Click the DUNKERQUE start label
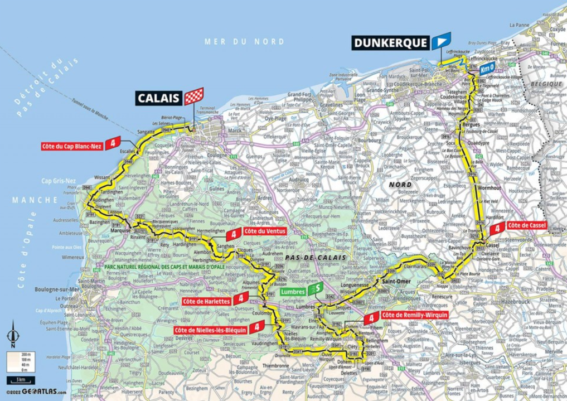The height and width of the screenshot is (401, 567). coord(391,42)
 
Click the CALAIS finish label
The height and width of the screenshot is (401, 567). coord(159,99)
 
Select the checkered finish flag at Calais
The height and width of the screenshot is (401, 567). coord(194,96)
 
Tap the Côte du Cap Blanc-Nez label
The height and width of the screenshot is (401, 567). coord(72,147)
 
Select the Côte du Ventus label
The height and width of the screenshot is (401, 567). coord(264,231)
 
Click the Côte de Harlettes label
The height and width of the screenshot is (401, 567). coord(206,301)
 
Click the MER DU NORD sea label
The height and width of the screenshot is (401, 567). coord(244,42)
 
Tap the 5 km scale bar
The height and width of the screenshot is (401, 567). coord(21,381)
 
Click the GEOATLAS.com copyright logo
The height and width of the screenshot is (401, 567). coord(36,393)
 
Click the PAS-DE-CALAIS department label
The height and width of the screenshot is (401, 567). coord(314,257)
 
